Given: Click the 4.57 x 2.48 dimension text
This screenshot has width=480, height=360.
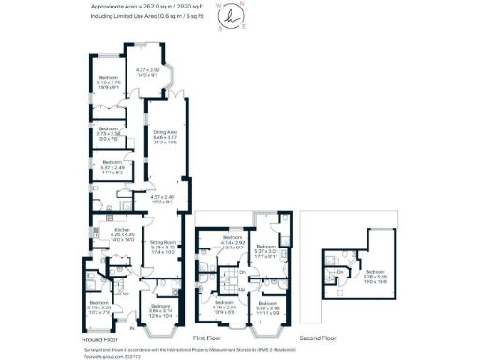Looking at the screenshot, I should [163, 198].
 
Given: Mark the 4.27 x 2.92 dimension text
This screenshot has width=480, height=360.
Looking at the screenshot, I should [149, 71].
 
